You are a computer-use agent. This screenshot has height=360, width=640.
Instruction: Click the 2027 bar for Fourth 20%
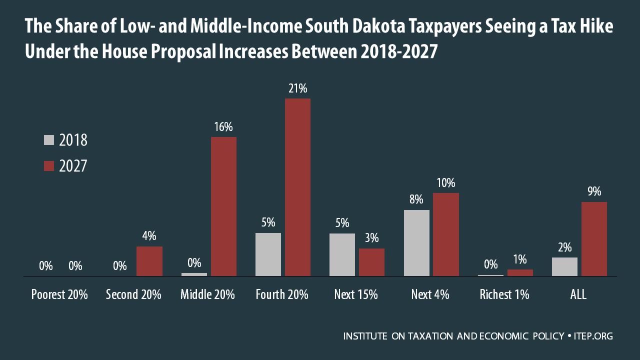[297, 187]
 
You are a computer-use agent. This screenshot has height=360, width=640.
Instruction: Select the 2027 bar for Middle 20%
[223, 206]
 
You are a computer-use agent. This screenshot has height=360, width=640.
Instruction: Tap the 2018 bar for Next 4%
[416, 242]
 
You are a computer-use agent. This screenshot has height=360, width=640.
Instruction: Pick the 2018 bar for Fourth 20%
[268, 254]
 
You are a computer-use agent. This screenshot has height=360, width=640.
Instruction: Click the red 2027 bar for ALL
[594, 238]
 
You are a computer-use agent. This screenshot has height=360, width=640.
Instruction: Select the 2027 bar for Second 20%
[149, 261]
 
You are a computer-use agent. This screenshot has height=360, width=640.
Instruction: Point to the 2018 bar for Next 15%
[342, 254]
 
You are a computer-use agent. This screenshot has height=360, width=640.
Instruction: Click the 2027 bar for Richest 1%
[520, 272]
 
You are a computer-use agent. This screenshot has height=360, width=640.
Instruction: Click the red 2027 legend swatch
[49, 166]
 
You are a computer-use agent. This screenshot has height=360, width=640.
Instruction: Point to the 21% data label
[297, 88]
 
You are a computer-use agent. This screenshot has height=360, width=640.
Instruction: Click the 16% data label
[223, 127]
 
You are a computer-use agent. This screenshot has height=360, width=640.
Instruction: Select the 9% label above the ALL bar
[594, 192]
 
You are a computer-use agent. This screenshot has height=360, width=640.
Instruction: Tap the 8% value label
[416, 199]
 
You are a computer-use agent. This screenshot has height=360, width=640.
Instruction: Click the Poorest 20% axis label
[59, 294]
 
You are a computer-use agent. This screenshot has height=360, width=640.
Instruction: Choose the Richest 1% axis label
[504, 294]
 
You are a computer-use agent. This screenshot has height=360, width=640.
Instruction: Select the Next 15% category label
[355, 294]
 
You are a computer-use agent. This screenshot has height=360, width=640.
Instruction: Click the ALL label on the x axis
[578, 294]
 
